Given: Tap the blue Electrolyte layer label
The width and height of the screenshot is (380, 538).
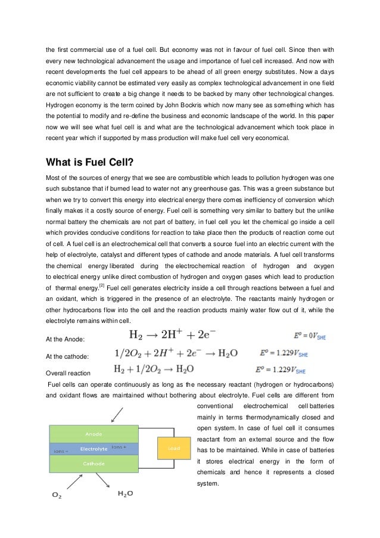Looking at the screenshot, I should [x=94, y=448].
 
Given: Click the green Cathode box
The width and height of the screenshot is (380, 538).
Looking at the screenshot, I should [x=94, y=463].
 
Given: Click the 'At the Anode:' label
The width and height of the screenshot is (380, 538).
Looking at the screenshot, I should [x=66, y=339].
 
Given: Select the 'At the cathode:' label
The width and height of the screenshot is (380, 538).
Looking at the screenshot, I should [x=68, y=356].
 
